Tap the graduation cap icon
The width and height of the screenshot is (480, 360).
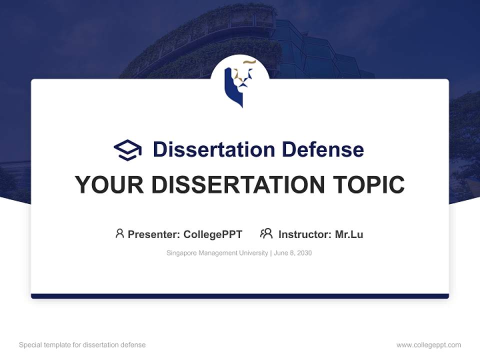coord(127,149)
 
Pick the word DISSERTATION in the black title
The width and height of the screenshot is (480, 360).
coord(238,185)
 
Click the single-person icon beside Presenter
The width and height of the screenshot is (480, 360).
coord(119,233)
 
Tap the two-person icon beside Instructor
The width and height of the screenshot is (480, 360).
coord(266,233)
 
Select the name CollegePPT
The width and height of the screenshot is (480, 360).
coord(213,234)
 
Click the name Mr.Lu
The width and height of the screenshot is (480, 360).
coord(349,234)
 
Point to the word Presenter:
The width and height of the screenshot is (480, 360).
coord(154,234)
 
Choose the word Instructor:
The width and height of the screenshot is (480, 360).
coord(304,234)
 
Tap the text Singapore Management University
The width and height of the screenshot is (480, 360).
coord(217,253)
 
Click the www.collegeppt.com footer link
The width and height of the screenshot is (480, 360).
coord(428,345)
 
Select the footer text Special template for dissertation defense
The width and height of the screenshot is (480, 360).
coord(82,345)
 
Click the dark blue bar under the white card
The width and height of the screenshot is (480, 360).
coord(239,296)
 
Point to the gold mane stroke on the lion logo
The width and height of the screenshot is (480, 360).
coord(249,62)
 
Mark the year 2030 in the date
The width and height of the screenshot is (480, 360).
coord(304,253)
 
